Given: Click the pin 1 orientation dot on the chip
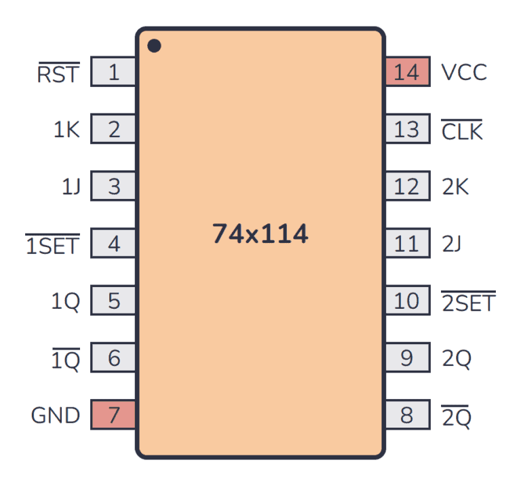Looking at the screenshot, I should (154, 46).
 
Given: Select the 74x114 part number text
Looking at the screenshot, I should (260, 234).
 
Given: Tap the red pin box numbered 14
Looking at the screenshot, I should (407, 72).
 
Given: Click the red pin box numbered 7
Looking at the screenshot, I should (113, 415).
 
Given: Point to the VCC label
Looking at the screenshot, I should (464, 72).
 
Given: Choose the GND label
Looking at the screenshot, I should (56, 415).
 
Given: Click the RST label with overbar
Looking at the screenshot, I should (58, 73).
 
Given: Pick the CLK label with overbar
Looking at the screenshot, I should (462, 130).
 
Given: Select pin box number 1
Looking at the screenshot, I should (113, 72).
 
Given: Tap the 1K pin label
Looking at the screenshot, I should (66, 130).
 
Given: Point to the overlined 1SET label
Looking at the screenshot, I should (52, 244).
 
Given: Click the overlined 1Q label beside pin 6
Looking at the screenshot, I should (66, 359).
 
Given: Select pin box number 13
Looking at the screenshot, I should (407, 129).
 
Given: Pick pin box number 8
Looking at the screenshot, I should (407, 415).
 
